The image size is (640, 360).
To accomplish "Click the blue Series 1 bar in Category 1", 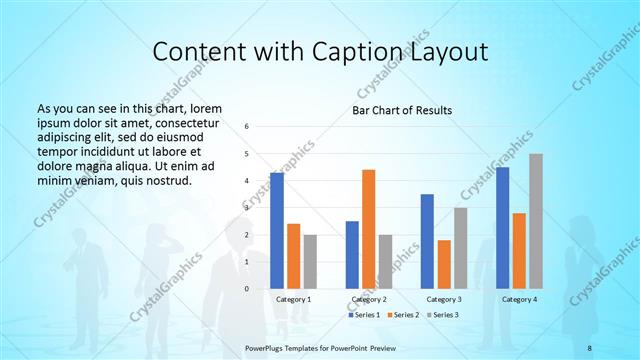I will point(277,231).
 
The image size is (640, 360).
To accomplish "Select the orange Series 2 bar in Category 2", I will point(368,229).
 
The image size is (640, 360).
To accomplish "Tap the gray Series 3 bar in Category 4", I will point(536,221).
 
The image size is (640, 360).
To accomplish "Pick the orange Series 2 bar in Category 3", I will point(444,264).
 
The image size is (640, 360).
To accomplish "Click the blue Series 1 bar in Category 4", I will point(502,228).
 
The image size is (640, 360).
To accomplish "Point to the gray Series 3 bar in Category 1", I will point(310,262).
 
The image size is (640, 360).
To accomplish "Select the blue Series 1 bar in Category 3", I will point(427,241).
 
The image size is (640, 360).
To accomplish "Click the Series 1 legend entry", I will point(363,315).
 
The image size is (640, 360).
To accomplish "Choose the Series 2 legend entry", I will point(402,315).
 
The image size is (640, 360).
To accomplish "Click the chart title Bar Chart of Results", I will point(401,110).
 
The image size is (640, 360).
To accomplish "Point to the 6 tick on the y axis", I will point(247,127).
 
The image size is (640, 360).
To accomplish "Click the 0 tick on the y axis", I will point(247,289).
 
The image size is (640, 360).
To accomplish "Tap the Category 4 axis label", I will point(519,299).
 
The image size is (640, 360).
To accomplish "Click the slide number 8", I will point(589,347).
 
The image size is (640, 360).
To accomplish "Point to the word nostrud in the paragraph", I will point(163,181).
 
